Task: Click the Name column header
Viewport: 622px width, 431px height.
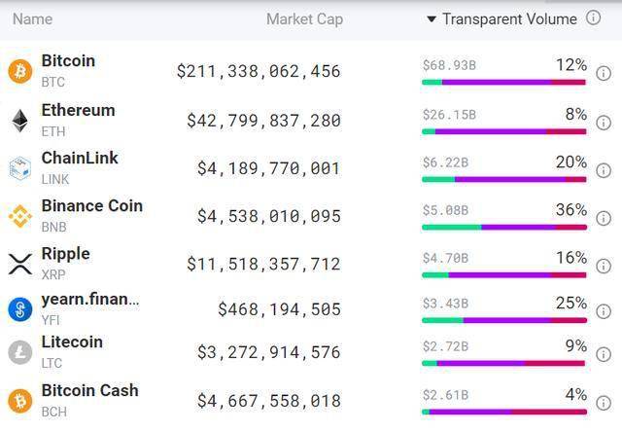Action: pyautogui.click(x=32, y=18)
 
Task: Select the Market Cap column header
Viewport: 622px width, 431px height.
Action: pyautogui.click(x=304, y=18)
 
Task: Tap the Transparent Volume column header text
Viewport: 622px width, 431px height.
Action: pyautogui.click(x=509, y=18)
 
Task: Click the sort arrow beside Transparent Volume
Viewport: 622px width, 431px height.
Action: pyautogui.click(x=432, y=19)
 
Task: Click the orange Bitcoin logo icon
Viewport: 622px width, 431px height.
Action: pyautogui.click(x=19, y=71)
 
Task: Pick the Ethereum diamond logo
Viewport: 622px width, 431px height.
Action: pyautogui.click(x=19, y=120)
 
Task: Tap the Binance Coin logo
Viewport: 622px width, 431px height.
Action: pyautogui.click(x=19, y=215)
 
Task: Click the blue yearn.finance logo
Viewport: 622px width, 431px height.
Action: pyautogui.click(x=19, y=309)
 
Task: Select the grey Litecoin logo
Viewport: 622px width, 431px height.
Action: pyautogui.click(x=19, y=352)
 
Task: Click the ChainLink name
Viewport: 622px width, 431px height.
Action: pyautogui.click(x=80, y=159)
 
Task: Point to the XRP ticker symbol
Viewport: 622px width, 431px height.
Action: pyautogui.click(x=53, y=275)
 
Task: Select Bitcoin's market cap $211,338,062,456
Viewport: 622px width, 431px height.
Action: pyautogui.click(x=259, y=71)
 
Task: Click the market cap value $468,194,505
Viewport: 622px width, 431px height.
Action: pyautogui.click(x=279, y=309)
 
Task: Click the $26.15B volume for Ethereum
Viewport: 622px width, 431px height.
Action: pyautogui.click(x=449, y=115)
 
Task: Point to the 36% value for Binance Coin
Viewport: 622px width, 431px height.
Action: pyautogui.click(x=570, y=210)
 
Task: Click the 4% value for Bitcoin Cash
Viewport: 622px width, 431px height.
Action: pyautogui.click(x=575, y=395)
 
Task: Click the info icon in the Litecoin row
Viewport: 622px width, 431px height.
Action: pyautogui.click(x=604, y=359)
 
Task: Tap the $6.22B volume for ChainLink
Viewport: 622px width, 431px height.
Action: pyautogui.click(x=445, y=162)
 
